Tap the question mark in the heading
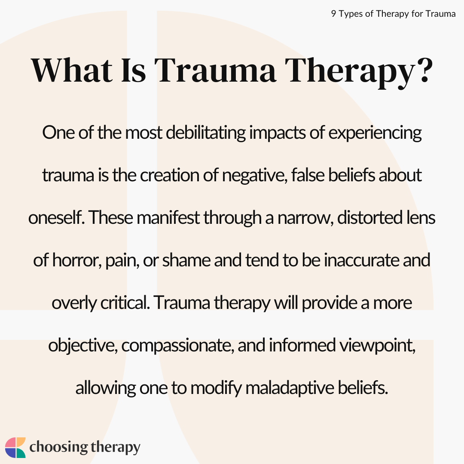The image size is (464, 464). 421,70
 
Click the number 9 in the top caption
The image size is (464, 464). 333,14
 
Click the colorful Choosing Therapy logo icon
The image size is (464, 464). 15,448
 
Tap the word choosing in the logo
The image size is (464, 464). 58,447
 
